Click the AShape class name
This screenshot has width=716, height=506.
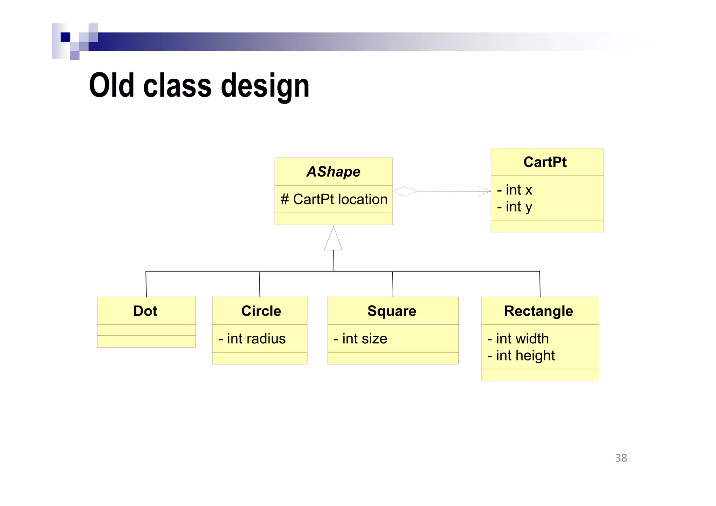point(333,172)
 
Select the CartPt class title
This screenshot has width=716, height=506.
point(545,162)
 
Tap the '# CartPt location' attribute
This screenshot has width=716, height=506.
point(334,199)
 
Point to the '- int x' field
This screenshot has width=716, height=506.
point(514,190)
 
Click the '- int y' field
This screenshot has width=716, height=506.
point(514,207)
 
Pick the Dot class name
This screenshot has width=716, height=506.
point(145,311)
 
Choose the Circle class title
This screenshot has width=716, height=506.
point(261,311)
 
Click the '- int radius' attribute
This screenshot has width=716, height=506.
point(252,338)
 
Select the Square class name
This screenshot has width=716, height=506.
point(392,311)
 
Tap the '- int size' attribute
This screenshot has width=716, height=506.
point(360,338)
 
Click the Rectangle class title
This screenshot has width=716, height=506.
point(538,311)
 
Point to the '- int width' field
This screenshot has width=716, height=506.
point(518,338)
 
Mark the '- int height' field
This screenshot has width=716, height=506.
point(521,356)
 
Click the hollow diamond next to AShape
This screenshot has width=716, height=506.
point(405,191)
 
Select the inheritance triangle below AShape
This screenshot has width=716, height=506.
point(333,240)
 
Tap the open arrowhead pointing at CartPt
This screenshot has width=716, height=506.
point(486,191)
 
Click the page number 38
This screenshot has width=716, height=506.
point(621,458)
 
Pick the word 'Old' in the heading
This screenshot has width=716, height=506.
point(112,85)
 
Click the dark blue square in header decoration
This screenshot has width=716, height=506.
point(65,37)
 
